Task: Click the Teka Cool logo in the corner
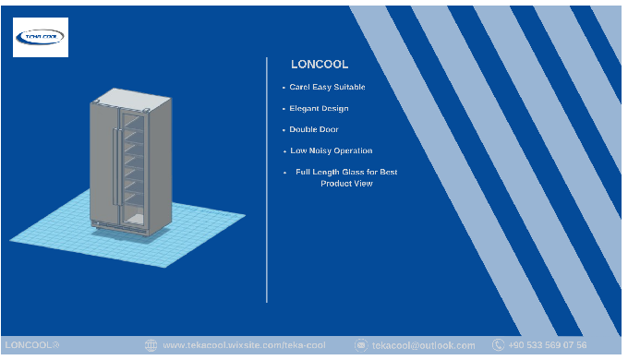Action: click(41, 37)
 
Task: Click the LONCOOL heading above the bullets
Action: click(320, 65)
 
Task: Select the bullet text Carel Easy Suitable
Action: click(327, 87)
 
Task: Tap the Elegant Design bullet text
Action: click(319, 109)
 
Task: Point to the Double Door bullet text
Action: click(314, 130)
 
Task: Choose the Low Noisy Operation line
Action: click(332, 151)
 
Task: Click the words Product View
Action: click(346, 184)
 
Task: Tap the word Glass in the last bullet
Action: click(353, 172)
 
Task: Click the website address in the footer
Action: click(244, 345)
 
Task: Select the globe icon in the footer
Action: click(151, 345)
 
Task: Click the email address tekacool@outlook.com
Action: click(423, 345)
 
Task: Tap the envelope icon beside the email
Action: click(361, 345)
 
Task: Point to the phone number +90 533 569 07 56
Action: click(547, 345)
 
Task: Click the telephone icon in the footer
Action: click(498, 345)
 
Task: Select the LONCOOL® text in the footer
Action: click(32, 345)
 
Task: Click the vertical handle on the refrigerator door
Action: click(115, 167)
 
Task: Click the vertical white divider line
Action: click(267, 180)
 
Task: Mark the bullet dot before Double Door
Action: click(284, 130)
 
